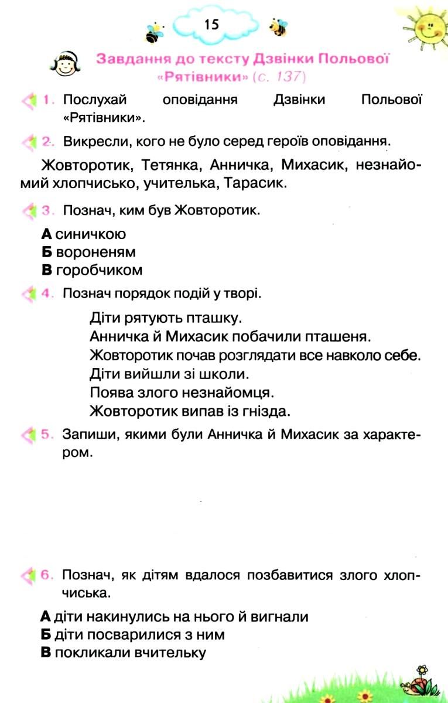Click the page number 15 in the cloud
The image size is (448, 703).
pyautogui.click(x=211, y=24)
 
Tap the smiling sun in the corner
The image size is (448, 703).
pyautogui.click(x=426, y=26)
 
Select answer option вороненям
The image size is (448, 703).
pyautogui.click(x=95, y=252)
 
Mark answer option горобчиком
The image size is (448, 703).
pyautogui.click(x=98, y=271)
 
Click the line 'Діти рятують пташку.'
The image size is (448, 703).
pyautogui.click(x=166, y=318)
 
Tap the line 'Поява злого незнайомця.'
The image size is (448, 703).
pyautogui.click(x=182, y=392)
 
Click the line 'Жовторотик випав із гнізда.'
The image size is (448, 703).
pyautogui.click(x=190, y=411)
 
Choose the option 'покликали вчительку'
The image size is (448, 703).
pyautogui.click(x=129, y=653)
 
